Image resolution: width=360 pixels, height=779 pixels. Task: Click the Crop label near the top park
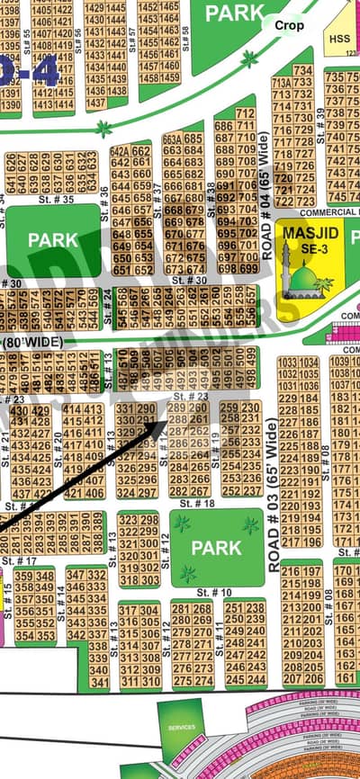[289, 26]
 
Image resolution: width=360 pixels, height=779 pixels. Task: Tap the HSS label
[338, 39]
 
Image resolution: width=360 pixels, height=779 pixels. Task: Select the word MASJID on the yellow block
[303, 236]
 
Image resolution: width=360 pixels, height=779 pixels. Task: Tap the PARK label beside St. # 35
[53, 240]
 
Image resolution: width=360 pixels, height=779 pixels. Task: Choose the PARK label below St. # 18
[216, 547]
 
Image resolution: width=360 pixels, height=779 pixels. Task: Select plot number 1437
[94, 103]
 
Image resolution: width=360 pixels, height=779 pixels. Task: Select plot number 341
[98, 683]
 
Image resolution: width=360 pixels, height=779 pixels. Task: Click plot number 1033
[287, 363]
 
